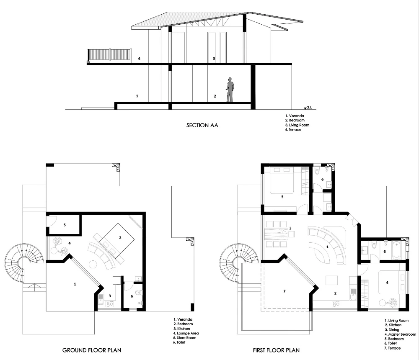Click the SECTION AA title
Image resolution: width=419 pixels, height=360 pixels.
point(202,125)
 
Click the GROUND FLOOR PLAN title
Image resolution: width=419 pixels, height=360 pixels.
point(92,350)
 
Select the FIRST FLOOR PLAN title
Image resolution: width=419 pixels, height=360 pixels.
point(276,350)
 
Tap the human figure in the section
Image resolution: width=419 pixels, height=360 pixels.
point(230,90)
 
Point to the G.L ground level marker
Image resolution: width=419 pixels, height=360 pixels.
point(308,108)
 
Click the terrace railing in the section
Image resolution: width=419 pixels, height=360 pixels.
point(109,54)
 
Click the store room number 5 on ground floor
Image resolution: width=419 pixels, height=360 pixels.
point(65,225)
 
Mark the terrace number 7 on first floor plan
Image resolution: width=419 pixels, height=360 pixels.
point(285,291)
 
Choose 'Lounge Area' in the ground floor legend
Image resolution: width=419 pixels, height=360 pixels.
point(188,333)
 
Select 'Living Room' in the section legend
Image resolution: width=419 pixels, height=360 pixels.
point(299,125)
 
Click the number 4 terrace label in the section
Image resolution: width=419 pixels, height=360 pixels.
point(139,59)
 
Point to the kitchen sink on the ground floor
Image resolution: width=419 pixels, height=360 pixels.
point(101,298)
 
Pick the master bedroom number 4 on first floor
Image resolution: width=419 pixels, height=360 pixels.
point(387,283)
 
